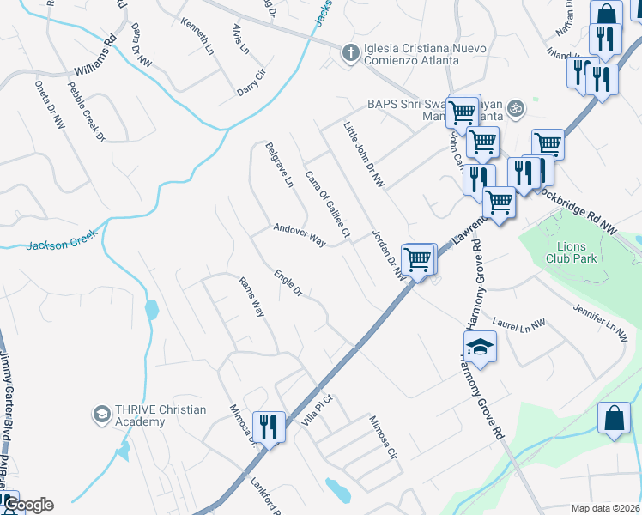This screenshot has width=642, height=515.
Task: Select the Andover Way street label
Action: click(299, 235)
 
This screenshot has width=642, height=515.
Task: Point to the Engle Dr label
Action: click(288, 284)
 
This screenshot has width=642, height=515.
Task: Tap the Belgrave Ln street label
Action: click(280, 166)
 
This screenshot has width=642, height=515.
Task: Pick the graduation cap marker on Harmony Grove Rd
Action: click(480, 347)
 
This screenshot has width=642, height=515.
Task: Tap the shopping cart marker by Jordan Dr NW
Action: click(418, 257)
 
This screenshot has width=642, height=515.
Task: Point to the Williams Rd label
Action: click(94, 59)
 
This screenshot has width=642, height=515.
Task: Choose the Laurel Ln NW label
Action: click(519, 324)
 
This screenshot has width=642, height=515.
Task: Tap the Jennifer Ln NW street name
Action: click(600, 316)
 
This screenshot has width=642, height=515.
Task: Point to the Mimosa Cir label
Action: click(383, 437)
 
